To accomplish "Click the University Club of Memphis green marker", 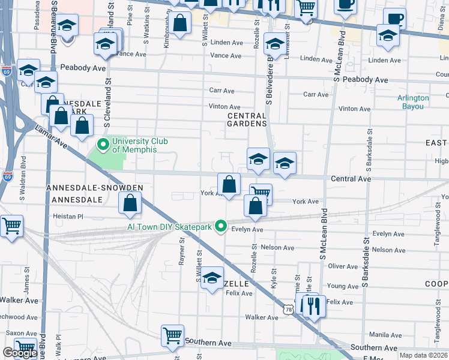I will click(103, 145).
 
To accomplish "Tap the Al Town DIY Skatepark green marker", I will click(221, 226).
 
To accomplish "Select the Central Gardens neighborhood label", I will click(247, 119).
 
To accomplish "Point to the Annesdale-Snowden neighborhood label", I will click(95, 188).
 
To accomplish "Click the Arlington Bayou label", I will click(413, 102).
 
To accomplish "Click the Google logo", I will click(20, 353).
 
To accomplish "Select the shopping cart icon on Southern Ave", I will click(172, 336).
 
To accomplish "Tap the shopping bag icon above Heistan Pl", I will click(130, 203).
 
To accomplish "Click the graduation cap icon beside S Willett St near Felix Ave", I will click(212, 278).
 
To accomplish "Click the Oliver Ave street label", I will click(343, 266).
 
